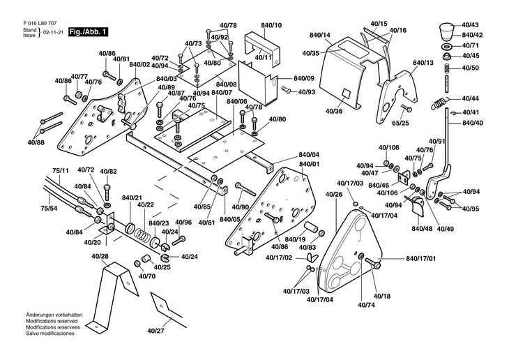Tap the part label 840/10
point(271,26)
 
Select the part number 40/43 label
point(471,24)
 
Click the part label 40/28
point(100,257)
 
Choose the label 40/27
point(156,330)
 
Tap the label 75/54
point(50,208)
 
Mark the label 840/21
point(132,198)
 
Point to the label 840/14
point(320,35)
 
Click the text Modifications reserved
point(52,320)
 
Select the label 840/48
point(422,229)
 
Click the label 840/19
point(295,239)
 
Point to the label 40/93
point(307,92)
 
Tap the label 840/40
point(471,123)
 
